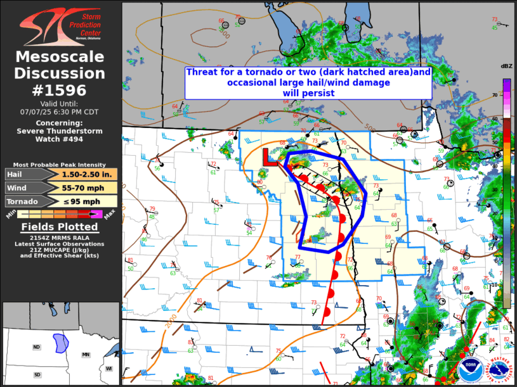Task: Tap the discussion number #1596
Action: coord(60,90)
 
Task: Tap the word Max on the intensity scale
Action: coord(110,217)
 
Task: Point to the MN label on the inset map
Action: coord(85,355)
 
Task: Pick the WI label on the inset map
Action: coord(108,369)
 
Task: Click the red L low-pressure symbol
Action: coord(268,156)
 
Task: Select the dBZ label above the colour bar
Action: coord(506,67)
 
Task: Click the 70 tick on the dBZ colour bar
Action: coord(494,95)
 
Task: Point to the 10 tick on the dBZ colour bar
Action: coord(494,285)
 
